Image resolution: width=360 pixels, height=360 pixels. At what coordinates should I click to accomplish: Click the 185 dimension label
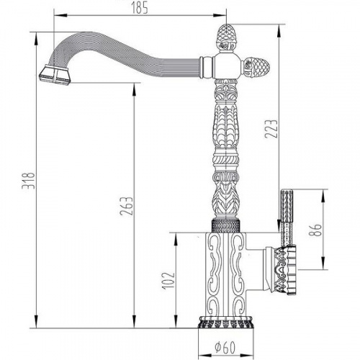click(x=140, y=9)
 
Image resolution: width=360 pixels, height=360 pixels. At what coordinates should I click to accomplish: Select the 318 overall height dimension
click(x=28, y=181)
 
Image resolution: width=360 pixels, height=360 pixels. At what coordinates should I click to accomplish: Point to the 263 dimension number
click(x=126, y=206)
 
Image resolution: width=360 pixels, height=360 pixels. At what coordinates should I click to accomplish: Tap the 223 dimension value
click(x=271, y=129)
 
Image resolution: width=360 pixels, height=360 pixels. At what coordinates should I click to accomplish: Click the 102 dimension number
click(x=169, y=280)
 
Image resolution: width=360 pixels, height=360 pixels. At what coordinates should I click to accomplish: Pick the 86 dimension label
click(x=315, y=230)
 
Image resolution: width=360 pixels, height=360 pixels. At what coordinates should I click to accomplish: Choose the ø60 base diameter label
click(x=225, y=347)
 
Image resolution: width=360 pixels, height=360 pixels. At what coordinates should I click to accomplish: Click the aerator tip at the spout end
click(x=55, y=75)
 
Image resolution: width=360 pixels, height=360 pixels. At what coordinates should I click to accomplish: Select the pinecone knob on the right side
click(x=256, y=66)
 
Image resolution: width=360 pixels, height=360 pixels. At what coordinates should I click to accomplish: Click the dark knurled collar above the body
click(x=225, y=225)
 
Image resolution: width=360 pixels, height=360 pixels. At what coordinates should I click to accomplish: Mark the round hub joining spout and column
click(x=227, y=66)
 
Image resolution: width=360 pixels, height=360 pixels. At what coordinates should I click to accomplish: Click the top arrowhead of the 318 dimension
click(x=36, y=38)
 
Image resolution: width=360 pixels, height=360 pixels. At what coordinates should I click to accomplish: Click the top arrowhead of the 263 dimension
click(x=134, y=89)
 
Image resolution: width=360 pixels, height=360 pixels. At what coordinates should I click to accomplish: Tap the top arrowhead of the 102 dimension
click(x=176, y=239)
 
